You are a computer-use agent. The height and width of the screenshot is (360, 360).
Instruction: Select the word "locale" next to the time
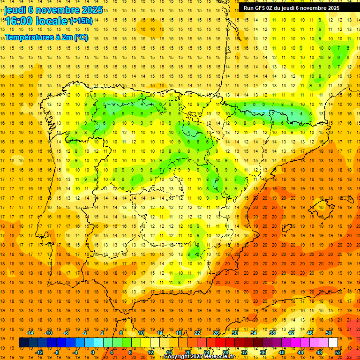pyautogui.click(x=52, y=21)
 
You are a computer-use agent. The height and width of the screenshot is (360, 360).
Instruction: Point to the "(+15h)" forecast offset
pyautogui.click(x=81, y=21)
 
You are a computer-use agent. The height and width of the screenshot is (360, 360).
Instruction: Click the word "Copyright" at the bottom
pyautogui.click(x=176, y=357)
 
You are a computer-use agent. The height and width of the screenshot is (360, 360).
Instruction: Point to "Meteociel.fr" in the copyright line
pyautogui.click(x=218, y=357)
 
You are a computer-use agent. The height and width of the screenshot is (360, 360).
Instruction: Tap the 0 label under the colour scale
pyautogui.click(x=93, y=352)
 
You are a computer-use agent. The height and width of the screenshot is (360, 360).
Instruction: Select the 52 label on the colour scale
pyautogui.click(x=338, y=352)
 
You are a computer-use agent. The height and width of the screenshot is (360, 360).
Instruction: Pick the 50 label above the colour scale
pyautogui.click(x=329, y=333)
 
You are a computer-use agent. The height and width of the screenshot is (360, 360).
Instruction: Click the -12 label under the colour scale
pyautogui.click(x=39, y=352)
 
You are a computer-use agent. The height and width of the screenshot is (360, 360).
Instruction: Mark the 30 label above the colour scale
pyautogui.click(x=235, y=333)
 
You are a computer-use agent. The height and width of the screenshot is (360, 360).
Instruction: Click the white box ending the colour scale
pyautogui.click(x=333, y=343)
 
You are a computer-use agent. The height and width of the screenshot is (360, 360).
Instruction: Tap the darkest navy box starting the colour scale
pyautogui.click(x=23, y=343)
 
